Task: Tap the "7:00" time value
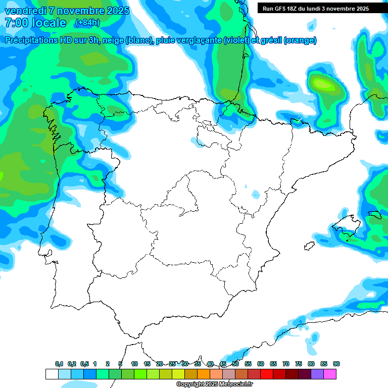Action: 16,23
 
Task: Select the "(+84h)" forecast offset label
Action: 87,23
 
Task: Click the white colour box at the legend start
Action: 52,374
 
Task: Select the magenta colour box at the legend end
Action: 330,374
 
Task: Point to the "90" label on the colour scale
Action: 336,364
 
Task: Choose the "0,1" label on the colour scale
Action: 59,364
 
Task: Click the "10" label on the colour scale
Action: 134,364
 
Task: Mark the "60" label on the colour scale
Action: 261,364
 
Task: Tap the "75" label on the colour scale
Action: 299,364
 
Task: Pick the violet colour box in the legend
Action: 317,374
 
